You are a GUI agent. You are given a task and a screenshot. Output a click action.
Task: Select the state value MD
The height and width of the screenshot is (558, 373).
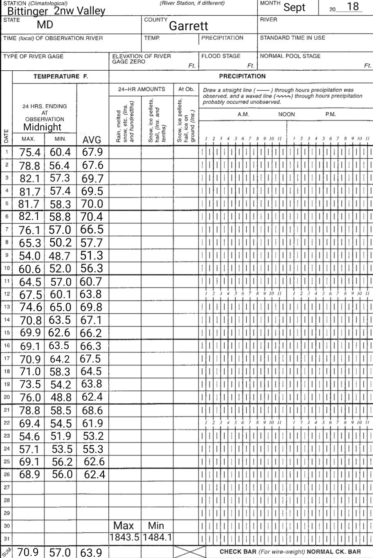tap(45, 25)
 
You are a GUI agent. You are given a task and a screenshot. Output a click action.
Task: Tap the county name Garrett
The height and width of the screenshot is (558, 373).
tap(189, 26)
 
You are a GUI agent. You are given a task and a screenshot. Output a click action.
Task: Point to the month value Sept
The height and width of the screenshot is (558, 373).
tap(294, 8)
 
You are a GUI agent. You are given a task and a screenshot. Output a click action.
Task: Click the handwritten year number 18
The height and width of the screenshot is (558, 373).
tap(353, 7)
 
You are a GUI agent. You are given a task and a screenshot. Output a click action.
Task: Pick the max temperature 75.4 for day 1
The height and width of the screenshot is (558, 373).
tap(30, 152)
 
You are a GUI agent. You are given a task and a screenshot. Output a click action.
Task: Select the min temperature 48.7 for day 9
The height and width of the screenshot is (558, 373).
tap(60, 256)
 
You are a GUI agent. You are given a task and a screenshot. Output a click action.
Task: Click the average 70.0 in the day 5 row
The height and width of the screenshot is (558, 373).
tap(92, 204)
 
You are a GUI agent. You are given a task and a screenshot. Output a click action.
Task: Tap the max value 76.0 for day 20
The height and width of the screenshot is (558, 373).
tap(30, 398)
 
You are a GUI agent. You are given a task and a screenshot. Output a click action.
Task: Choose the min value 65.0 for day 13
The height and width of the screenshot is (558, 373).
tap(60, 307)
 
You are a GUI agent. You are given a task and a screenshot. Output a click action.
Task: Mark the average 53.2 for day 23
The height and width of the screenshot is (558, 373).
tap(93, 436)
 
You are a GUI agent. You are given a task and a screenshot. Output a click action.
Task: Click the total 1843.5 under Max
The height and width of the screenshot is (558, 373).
tap(125, 537)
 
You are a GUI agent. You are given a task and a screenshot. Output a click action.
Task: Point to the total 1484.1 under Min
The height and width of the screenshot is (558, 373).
tap(157, 537)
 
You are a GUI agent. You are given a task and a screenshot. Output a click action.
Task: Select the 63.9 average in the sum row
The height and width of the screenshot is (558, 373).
tap(92, 553)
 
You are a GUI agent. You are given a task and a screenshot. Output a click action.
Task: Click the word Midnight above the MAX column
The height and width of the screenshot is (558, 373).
tap(42, 127)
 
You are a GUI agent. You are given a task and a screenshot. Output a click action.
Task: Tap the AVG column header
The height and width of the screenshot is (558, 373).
tap(92, 140)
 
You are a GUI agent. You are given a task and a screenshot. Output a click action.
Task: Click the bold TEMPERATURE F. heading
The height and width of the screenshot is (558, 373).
tap(61, 76)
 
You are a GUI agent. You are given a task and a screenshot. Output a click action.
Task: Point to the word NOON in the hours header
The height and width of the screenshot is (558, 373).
tap(286, 115)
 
